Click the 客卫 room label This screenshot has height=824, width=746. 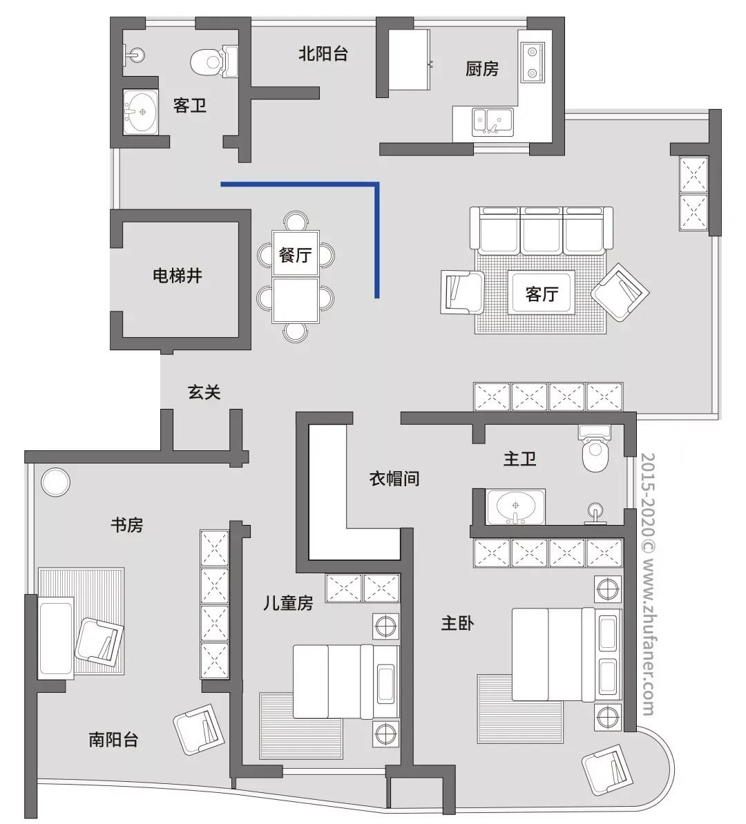coord(189,106)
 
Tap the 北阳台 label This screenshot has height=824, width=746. coord(323,53)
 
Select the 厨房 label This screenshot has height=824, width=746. coord(481,69)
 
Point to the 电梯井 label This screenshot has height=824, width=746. coord(178,276)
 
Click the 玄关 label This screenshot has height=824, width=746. coord(204,392)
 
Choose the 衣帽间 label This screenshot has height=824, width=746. coord(394,478)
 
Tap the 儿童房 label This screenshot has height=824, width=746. coord(288,603)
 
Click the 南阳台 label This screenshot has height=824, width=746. coord(113,740)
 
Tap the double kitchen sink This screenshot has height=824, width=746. coord(492,121)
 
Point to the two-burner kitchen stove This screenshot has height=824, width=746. coord(532,62)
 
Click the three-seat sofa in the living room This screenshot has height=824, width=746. coord(542,229)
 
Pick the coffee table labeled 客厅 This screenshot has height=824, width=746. coord(542,294)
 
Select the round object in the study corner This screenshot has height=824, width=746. coord(55,481)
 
